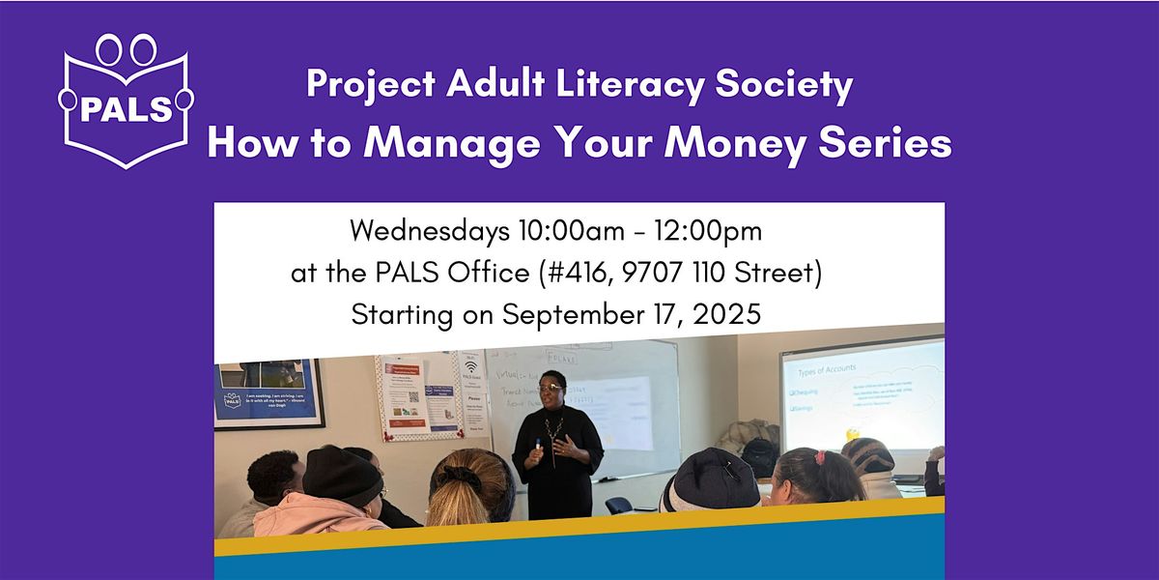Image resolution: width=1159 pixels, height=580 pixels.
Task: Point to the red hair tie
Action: pyautogui.click(x=820, y=457)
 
